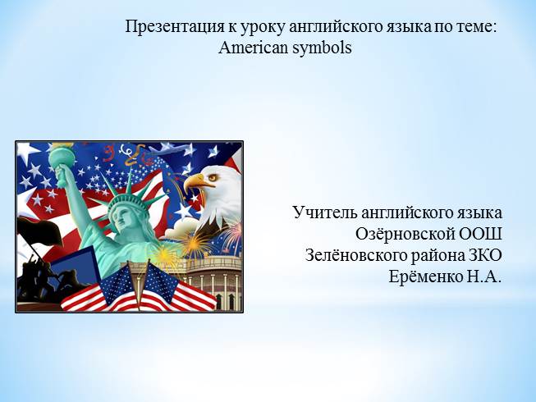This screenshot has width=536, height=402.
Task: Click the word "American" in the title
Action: coord(253,48)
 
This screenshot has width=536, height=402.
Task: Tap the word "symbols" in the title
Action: coord(322,48)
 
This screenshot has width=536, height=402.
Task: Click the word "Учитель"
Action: coord(325,212)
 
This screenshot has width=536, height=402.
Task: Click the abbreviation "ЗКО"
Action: coord(484,255)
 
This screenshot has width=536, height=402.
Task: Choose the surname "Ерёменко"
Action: coord(425,276)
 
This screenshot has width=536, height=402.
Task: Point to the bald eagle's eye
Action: coord(213,177)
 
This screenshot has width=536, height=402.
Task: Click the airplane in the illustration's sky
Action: coord(172,148)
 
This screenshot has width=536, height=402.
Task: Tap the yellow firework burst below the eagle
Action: coord(194,244)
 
